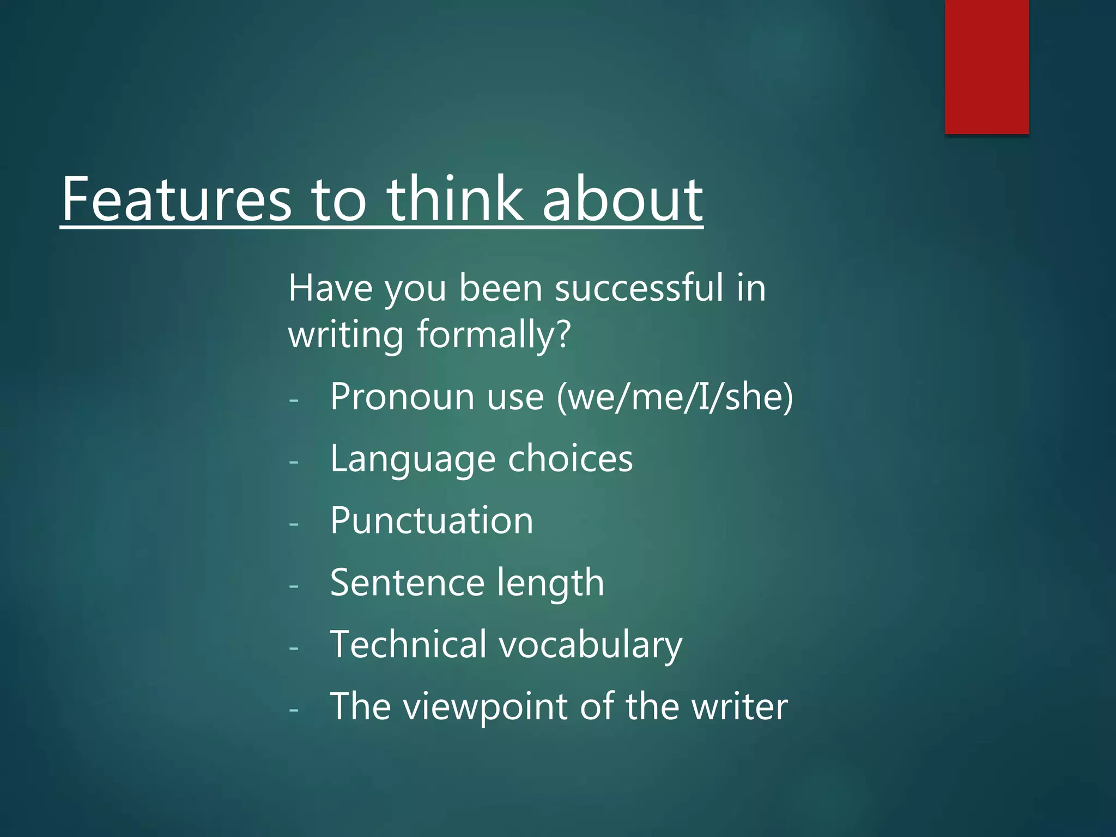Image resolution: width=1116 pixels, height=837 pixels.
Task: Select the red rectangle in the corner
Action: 986,66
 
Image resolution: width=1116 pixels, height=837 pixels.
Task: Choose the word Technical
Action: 408,644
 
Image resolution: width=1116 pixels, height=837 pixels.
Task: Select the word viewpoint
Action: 487,707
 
